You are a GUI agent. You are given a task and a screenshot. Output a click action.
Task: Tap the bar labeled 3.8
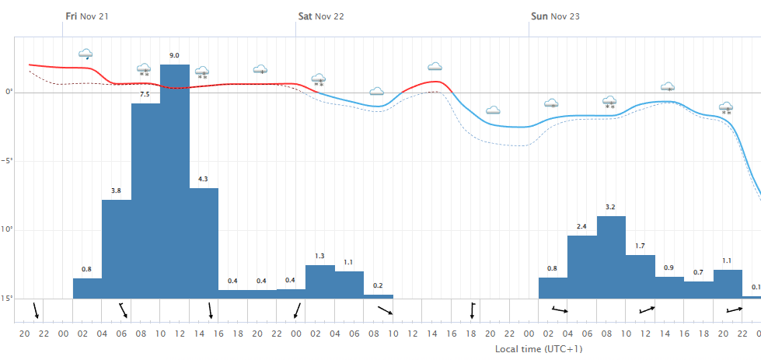(x=117, y=249)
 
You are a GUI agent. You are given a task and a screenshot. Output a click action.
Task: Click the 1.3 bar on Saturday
(x=320, y=281)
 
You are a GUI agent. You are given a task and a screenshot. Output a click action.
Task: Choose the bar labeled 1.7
(x=641, y=277)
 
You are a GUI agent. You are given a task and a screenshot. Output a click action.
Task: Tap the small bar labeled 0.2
(x=379, y=296)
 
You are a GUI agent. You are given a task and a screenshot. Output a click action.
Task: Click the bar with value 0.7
(x=699, y=290)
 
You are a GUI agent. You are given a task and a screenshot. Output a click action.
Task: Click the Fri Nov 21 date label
(x=87, y=16)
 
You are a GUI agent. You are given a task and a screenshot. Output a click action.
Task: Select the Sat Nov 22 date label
(x=321, y=16)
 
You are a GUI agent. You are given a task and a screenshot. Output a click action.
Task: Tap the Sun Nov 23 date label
(x=555, y=16)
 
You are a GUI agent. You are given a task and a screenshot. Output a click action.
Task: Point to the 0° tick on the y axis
(x=9, y=93)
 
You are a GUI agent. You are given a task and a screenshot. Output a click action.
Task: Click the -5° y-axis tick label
(x=8, y=161)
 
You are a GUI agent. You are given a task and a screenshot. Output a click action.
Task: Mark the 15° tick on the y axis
(x=8, y=299)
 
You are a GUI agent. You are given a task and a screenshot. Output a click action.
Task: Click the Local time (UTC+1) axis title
(x=539, y=349)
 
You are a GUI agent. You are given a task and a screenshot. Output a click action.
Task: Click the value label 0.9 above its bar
(x=669, y=267)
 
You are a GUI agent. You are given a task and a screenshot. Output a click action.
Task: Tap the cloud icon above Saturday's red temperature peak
(x=435, y=67)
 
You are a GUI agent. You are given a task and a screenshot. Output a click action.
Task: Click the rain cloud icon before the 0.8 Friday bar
(x=86, y=54)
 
